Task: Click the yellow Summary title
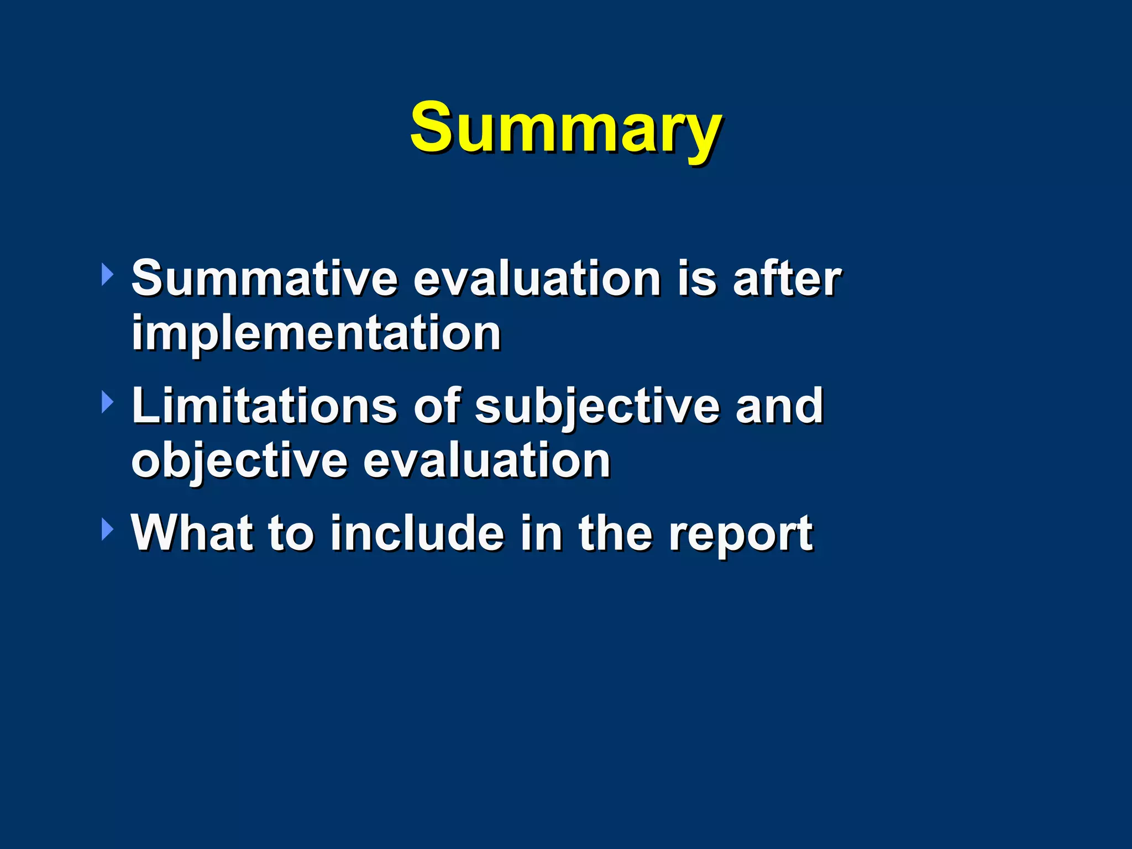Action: click(565, 128)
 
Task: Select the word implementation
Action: click(316, 333)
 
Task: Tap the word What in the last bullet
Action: click(192, 533)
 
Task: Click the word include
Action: click(417, 533)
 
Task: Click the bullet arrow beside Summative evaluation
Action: click(107, 275)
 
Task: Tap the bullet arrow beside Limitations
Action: click(107, 402)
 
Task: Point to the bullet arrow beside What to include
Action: click(107, 530)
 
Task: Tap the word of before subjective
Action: click(437, 406)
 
